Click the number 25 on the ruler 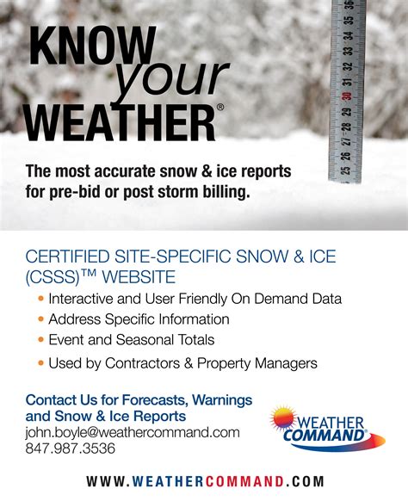(x=345, y=170)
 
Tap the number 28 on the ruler (x=346, y=125)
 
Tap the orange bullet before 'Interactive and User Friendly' (x=41, y=299)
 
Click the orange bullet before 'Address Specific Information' (x=41, y=319)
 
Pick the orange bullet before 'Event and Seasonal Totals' (x=41, y=340)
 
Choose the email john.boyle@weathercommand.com (x=133, y=432)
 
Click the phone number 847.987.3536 (x=71, y=448)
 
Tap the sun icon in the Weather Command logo (x=287, y=419)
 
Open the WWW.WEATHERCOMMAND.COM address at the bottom (x=205, y=482)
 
